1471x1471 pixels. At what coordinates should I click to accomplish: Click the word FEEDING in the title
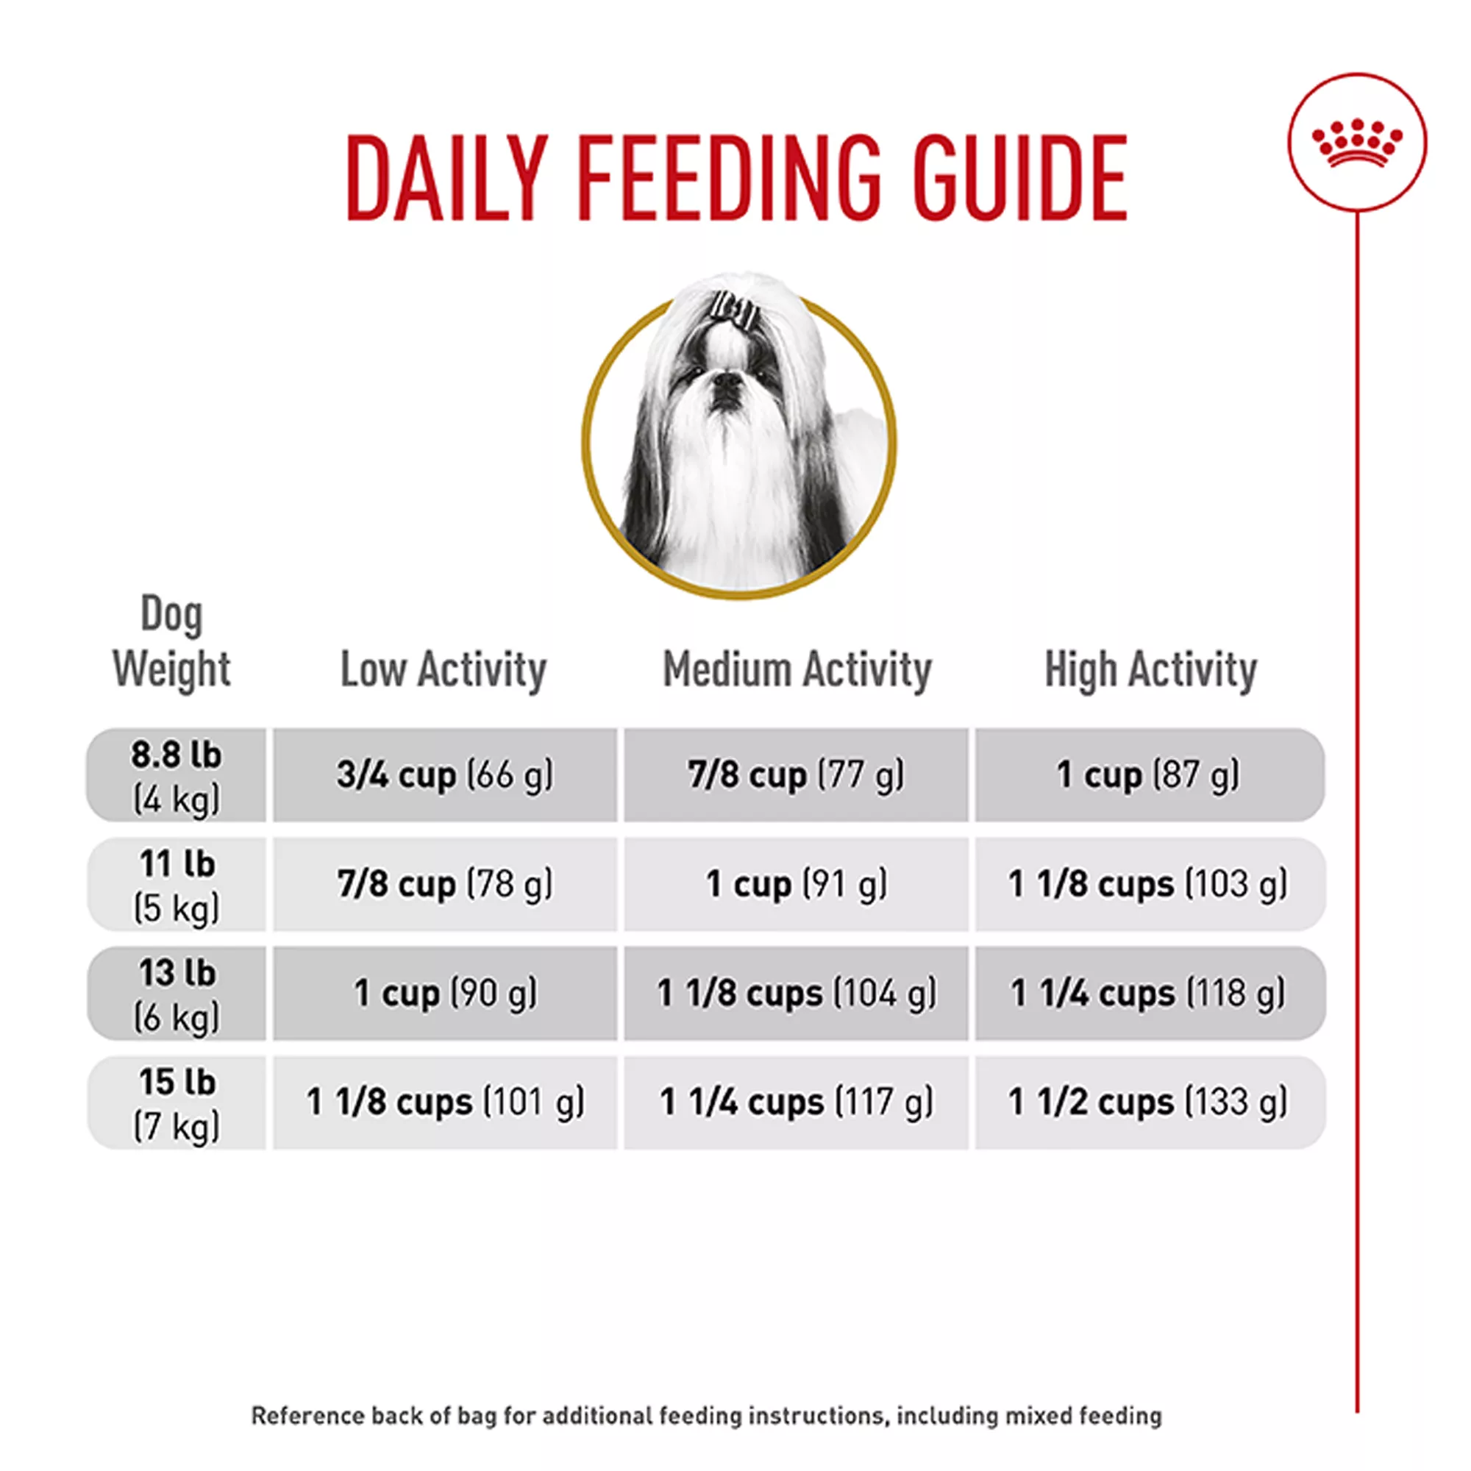coord(728,178)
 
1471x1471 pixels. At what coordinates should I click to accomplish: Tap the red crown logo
coord(1357,143)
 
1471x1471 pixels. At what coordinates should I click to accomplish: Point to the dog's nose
coord(727,381)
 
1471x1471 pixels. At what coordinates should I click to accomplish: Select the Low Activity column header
coord(443,670)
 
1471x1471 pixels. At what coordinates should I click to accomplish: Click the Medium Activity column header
coord(797,670)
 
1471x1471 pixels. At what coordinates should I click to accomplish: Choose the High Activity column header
coord(1150,670)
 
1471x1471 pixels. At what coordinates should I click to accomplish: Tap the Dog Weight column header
coord(172,642)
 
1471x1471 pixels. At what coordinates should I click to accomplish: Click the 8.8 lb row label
coord(177,775)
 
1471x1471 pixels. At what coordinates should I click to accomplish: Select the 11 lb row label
coord(177,885)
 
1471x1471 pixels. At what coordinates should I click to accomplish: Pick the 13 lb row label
coord(177,994)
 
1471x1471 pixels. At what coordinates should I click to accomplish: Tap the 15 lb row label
coord(177,1103)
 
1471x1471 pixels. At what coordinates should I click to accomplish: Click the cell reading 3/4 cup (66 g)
coord(445,775)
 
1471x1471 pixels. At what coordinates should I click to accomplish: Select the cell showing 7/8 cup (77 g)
coord(797,775)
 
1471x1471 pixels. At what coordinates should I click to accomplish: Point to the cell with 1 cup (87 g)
coord(1148,775)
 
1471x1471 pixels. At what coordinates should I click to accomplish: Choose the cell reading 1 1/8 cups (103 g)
coord(1148,885)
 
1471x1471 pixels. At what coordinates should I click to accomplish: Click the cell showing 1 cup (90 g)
coord(445,994)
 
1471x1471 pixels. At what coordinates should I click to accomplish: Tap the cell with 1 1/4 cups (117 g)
coord(797,1103)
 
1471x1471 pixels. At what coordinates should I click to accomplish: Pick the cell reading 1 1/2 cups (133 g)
coord(1148,1103)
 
